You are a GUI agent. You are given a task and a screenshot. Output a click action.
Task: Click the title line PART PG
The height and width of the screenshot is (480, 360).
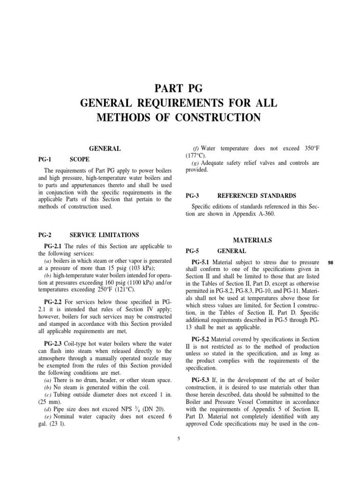pos(180,87)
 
